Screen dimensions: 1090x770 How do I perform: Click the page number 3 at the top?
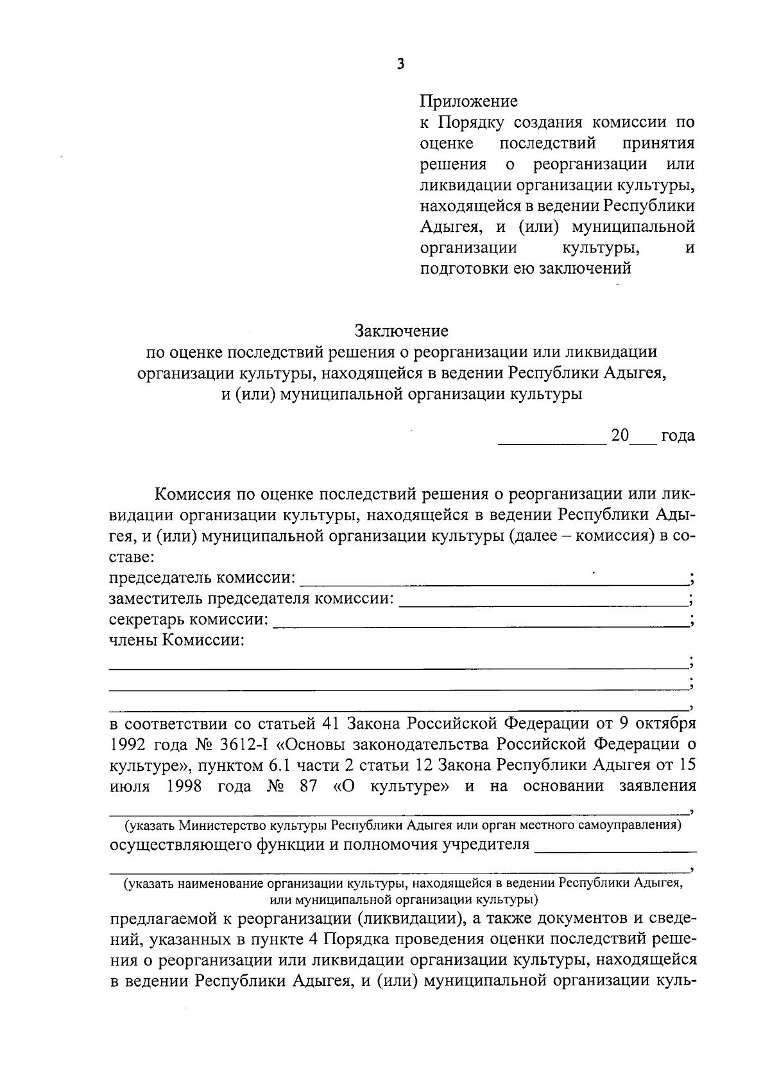coord(400,64)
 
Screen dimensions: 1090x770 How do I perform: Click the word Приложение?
coord(468,101)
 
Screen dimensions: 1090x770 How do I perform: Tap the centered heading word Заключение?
coord(402,331)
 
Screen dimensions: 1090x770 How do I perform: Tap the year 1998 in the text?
coord(184,786)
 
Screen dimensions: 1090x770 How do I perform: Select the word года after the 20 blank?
coord(678,435)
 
